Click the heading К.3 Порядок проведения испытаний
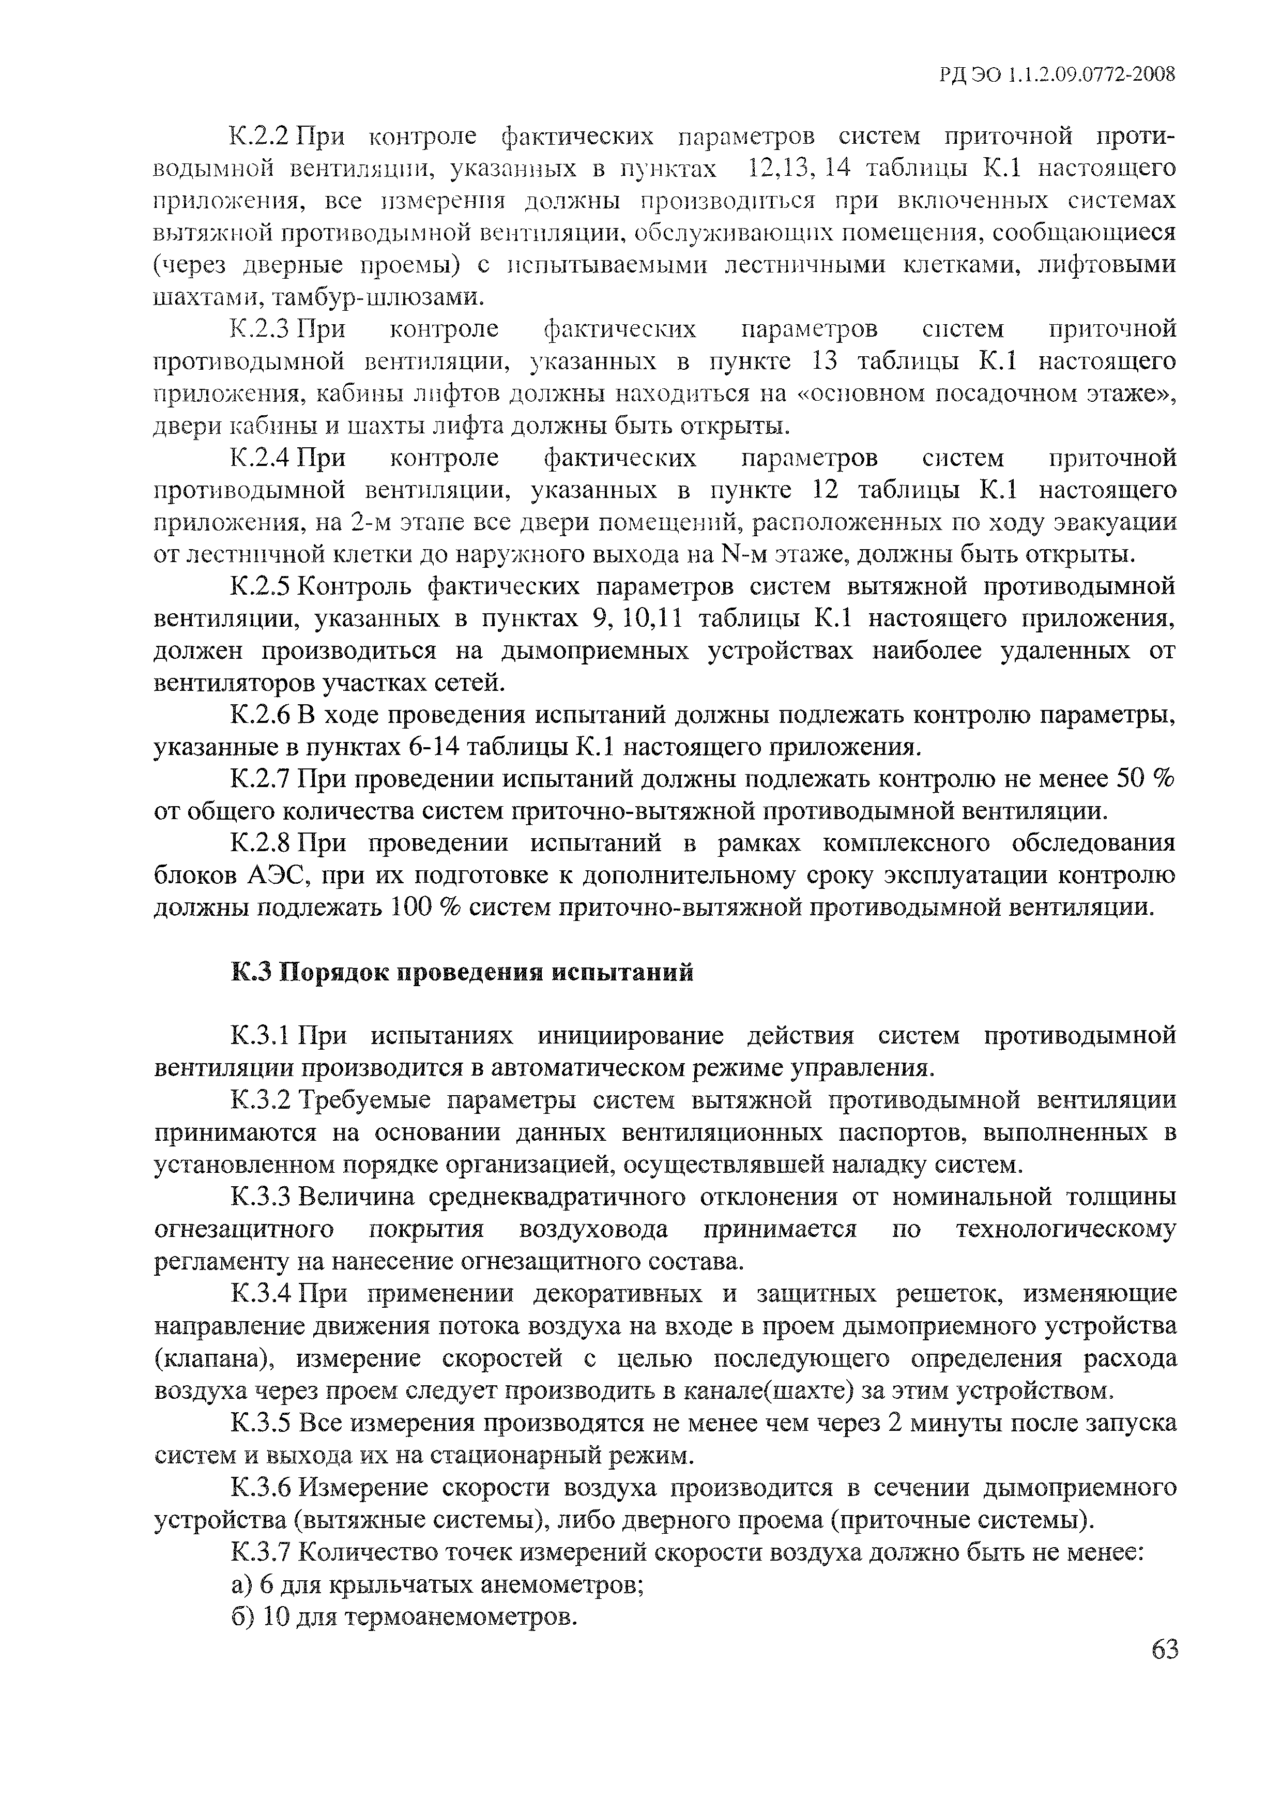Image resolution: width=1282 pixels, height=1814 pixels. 462,972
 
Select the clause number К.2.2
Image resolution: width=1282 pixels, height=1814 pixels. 262,136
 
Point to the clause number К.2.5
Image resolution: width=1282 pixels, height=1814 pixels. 262,586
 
